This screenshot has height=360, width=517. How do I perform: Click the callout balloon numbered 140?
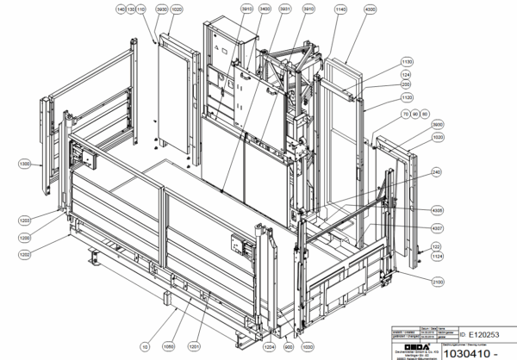pyautogui.click(x=121, y=8)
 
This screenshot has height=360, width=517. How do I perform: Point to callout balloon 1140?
pyautogui.click(x=340, y=8)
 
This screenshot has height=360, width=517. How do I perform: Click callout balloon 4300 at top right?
pyautogui.click(x=371, y=8)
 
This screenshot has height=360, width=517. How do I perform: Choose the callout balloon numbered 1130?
pyautogui.click(x=408, y=62)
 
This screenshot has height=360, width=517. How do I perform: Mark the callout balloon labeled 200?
pyautogui.click(x=407, y=84)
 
